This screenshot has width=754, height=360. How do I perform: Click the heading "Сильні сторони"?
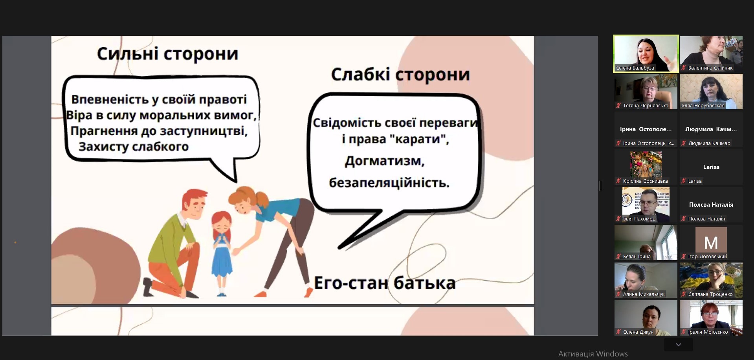(x=168, y=54)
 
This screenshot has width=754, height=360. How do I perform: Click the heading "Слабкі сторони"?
(x=400, y=74)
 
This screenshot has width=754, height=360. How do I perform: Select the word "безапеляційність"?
(x=389, y=183)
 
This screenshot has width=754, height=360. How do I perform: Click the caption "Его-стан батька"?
(x=385, y=283)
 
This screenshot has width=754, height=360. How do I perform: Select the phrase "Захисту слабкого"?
(x=134, y=147)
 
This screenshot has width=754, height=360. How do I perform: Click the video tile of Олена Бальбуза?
(x=646, y=53)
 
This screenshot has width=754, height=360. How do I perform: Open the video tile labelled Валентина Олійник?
(x=711, y=54)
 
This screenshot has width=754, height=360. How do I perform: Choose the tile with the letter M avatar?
(x=711, y=242)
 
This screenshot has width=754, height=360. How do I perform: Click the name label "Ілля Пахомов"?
(x=639, y=219)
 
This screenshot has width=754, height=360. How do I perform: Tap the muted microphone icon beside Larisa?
(x=684, y=181)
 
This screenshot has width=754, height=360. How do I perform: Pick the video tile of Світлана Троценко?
(x=711, y=280)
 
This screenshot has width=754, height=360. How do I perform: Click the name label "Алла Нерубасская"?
(x=703, y=106)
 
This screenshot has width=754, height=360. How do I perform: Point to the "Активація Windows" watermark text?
(x=593, y=354)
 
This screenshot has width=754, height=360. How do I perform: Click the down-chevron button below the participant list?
(x=679, y=345)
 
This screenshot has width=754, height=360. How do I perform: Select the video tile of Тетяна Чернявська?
(x=646, y=92)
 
